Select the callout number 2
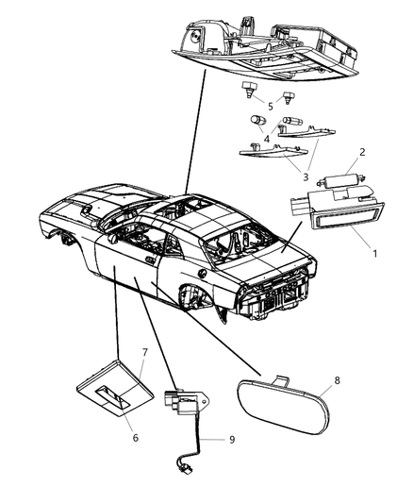click(x=362, y=152)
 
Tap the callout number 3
click(x=306, y=176)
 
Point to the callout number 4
click(x=267, y=139)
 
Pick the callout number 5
click(x=271, y=107)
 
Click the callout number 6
click(x=136, y=438)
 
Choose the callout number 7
click(x=144, y=353)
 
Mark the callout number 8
click(x=337, y=380)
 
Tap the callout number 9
click(x=232, y=440)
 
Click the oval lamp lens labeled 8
click(x=284, y=407)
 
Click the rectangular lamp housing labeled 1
click(x=338, y=210)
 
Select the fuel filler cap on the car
click(x=202, y=273)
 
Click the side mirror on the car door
click(x=113, y=238)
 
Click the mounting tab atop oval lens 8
click(x=281, y=380)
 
